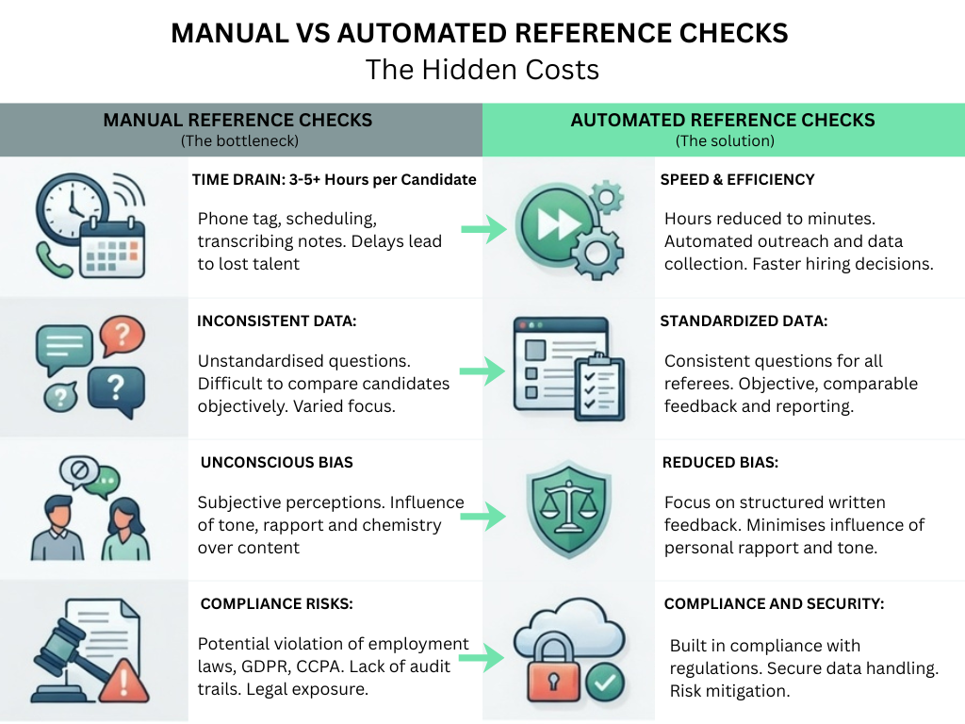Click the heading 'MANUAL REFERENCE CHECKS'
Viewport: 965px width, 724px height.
pos(237,120)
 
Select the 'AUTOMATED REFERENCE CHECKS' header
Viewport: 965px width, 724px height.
pos(723,120)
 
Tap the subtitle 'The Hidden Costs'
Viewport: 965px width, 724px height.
pos(482,69)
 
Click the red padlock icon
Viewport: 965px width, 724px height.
pos(548,670)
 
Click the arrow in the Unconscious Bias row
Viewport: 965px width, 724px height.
pos(482,515)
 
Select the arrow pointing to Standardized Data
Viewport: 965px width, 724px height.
pos(482,371)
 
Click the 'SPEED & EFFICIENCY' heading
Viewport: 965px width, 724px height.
pos(738,179)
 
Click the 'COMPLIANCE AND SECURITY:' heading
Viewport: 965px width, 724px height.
pos(774,604)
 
